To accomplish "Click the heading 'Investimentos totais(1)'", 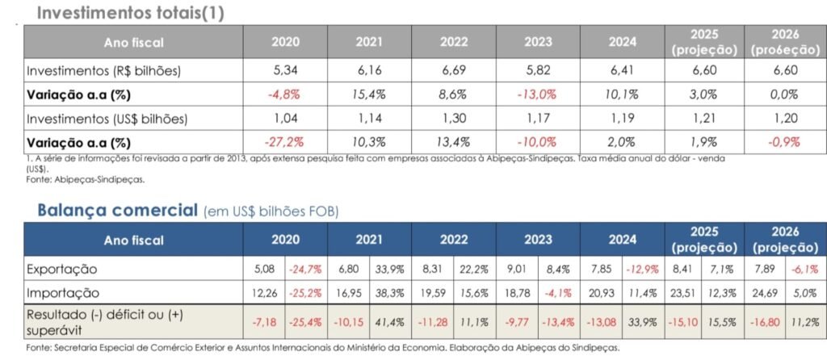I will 119,13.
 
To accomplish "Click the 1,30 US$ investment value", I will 454,119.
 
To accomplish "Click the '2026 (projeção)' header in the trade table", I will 785,240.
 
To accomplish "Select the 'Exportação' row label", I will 61,269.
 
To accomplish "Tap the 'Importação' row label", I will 63,292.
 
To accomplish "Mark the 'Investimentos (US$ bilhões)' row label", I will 107,119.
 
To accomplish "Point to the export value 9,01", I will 514,269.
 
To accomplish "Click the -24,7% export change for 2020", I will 306,269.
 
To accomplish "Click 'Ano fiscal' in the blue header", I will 133,240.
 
